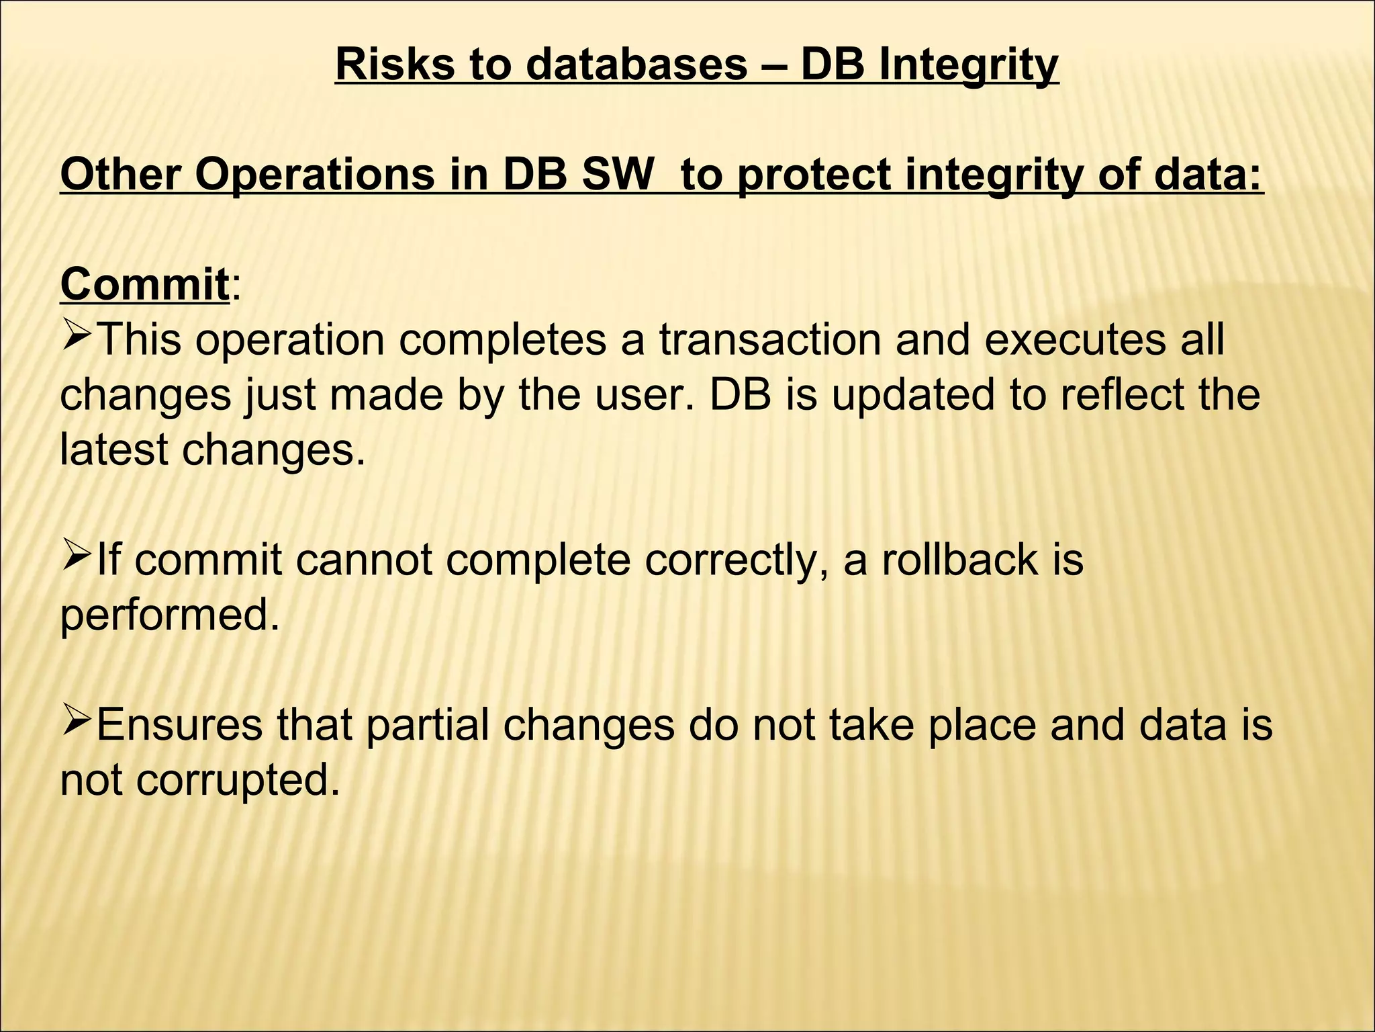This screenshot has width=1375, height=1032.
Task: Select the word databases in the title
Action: [x=636, y=64]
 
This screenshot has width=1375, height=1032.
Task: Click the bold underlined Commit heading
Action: [x=145, y=285]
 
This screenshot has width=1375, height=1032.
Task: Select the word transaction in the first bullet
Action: [x=769, y=340]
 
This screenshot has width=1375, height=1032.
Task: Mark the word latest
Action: [x=113, y=449]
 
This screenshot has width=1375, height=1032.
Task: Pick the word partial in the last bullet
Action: [x=428, y=726]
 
